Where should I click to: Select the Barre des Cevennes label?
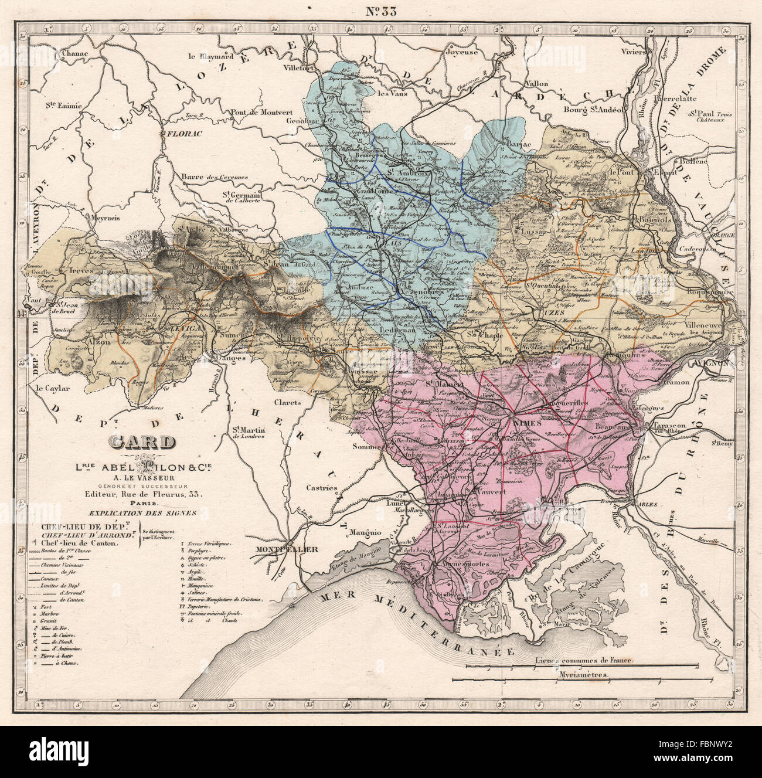pos(215,177)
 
